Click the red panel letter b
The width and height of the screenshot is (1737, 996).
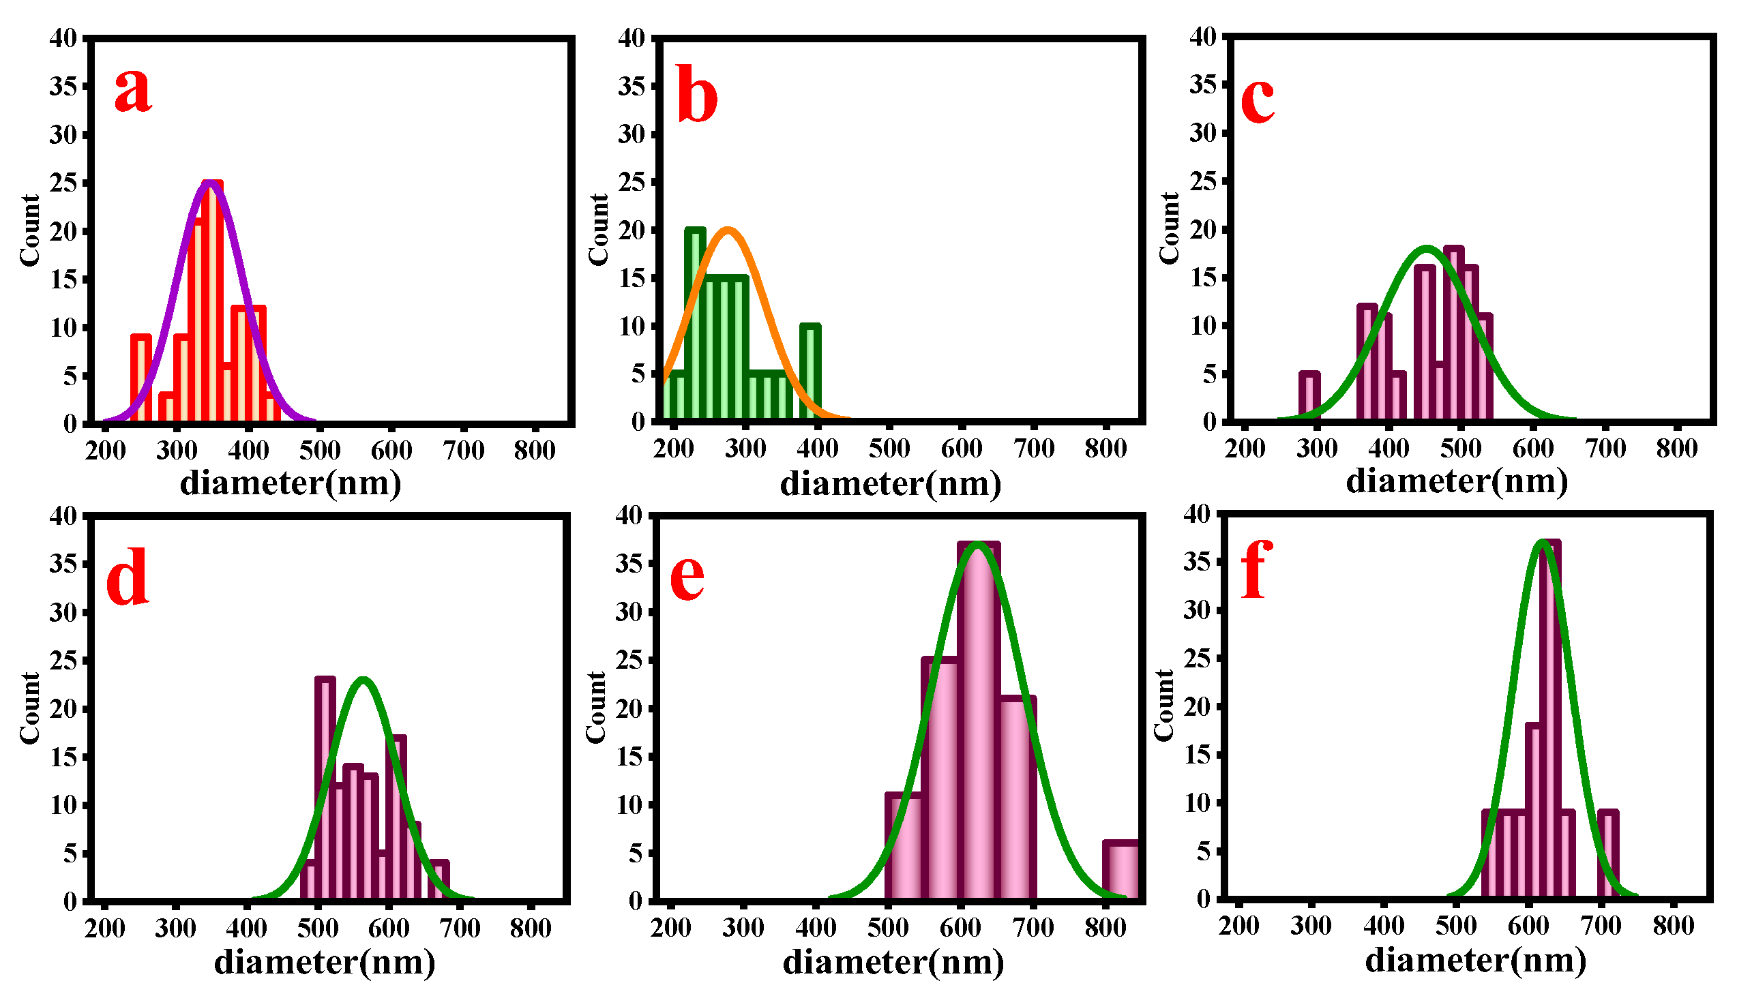click(x=696, y=94)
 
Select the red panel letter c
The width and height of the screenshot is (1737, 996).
click(x=1258, y=99)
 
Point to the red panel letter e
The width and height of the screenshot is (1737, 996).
click(x=687, y=577)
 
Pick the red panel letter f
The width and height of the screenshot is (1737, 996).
click(x=1256, y=569)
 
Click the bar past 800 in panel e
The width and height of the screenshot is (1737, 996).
click(x=1120, y=870)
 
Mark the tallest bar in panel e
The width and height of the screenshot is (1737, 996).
click(x=979, y=719)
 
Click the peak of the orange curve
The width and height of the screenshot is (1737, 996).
click(x=727, y=230)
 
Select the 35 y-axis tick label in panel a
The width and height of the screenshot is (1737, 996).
click(x=63, y=87)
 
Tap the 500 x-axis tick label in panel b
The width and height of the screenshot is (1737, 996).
click(x=889, y=449)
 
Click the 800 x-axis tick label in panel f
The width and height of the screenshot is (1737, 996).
click(x=1673, y=926)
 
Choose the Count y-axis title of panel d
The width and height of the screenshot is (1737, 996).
click(x=30, y=708)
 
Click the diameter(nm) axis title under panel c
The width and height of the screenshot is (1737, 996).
click(x=1457, y=481)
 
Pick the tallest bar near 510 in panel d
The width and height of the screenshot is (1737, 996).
click(x=325, y=787)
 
